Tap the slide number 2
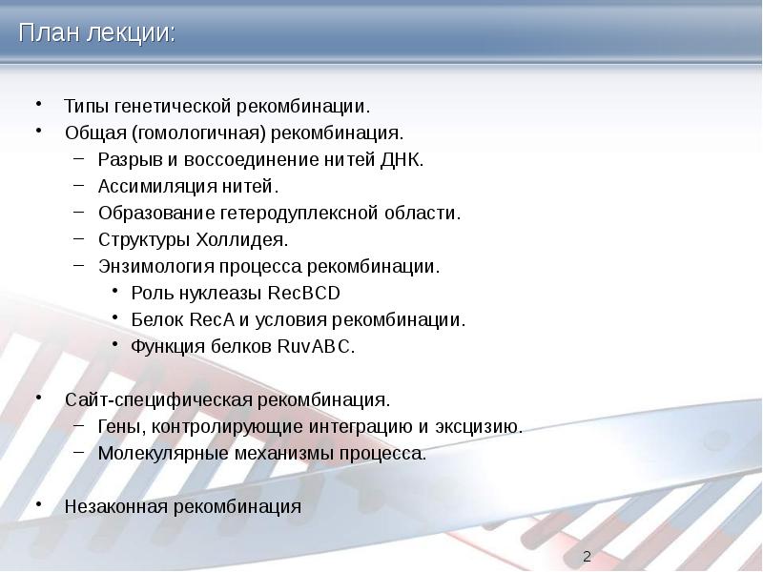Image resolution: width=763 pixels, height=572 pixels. pos(587,557)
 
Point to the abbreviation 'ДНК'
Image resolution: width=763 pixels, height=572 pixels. pos(404,158)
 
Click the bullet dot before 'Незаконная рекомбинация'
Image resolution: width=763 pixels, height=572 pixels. pos(39,502)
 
